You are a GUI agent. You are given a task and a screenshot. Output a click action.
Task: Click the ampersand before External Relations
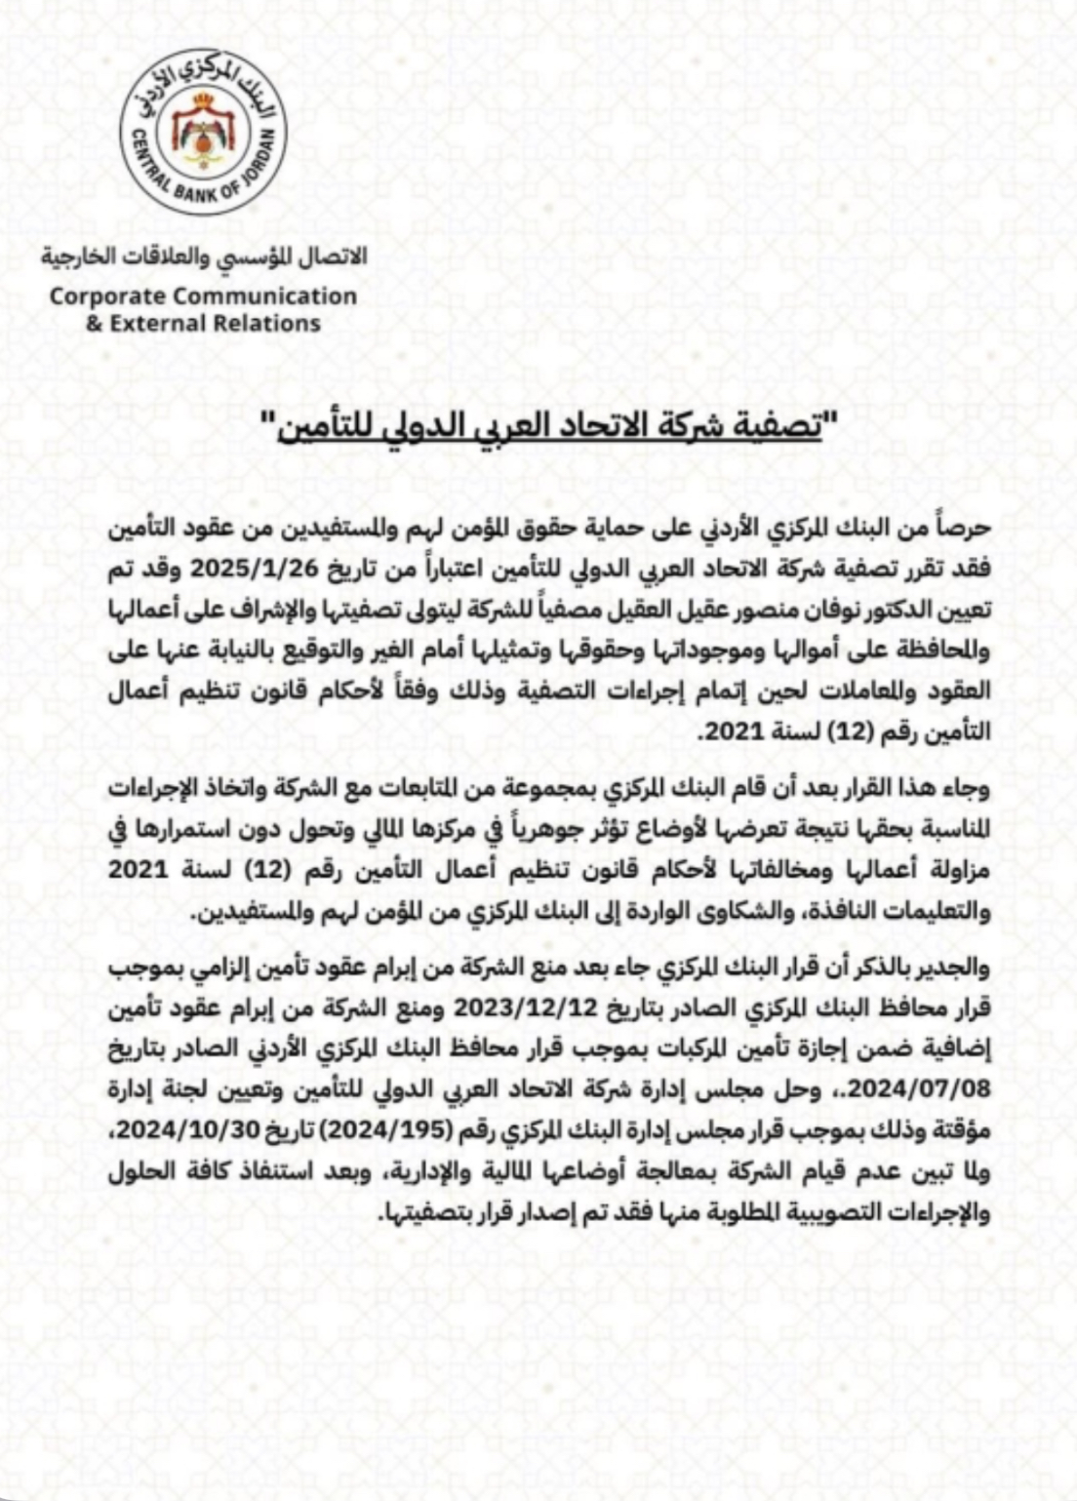click(x=94, y=323)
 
